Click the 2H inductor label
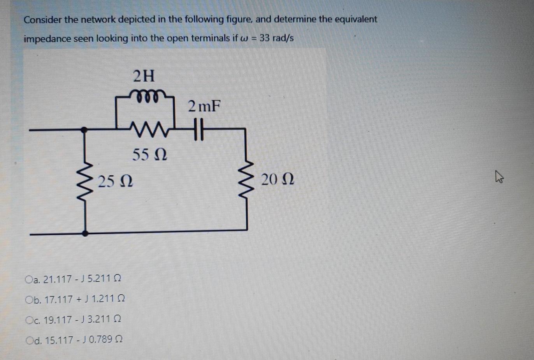click(x=144, y=76)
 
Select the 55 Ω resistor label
click(x=149, y=155)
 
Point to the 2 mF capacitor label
click(x=204, y=106)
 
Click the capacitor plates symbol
click(x=198, y=129)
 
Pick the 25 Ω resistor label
click(x=116, y=181)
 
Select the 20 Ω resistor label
click(x=278, y=179)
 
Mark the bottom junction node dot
click(x=86, y=234)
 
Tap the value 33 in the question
click(x=265, y=39)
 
